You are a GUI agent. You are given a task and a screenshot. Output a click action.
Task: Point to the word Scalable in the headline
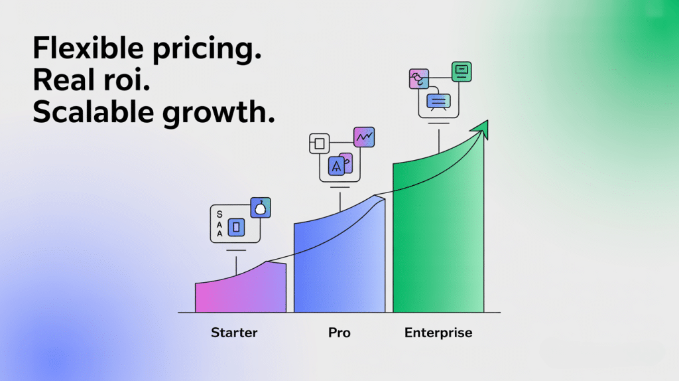[x=86, y=112]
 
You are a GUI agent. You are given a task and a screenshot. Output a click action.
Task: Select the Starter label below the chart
[x=234, y=333]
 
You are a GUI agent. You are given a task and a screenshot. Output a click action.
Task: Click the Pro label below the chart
[x=339, y=333]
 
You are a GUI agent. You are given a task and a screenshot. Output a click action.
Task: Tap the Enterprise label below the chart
[x=438, y=333]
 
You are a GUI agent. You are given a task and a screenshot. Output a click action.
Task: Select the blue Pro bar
[x=338, y=266]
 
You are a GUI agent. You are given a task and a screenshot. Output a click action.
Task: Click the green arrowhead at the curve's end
[x=481, y=129]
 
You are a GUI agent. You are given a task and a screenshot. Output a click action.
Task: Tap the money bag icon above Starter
[x=261, y=208]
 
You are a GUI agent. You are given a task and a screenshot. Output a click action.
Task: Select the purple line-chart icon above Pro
[x=364, y=137]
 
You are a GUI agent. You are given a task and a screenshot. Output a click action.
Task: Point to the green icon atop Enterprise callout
[x=462, y=71]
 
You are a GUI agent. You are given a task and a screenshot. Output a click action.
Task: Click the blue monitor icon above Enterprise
[x=438, y=101]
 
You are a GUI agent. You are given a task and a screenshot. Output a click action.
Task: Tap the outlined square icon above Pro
[x=320, y=143]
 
